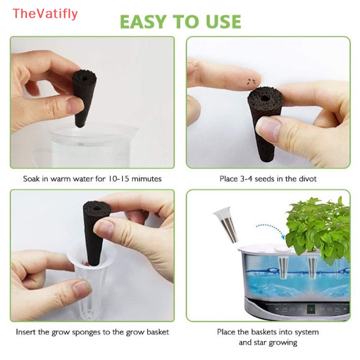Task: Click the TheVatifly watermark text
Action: (45, 14)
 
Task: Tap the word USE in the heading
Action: (220, 21)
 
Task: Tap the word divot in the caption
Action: (306, 179)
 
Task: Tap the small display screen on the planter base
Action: (310, 310)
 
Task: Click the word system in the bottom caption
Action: (306, 332)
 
